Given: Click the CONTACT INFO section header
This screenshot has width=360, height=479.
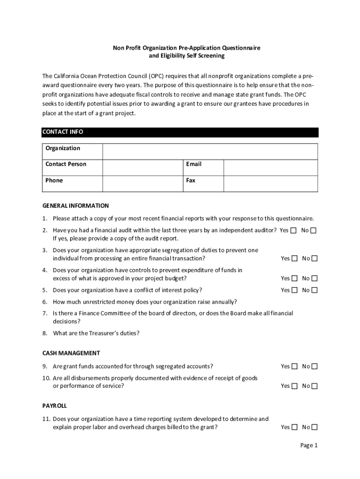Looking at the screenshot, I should (63, 132).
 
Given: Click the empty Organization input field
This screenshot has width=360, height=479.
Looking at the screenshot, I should (210, 152).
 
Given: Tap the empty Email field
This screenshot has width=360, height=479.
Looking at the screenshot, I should (270, 167).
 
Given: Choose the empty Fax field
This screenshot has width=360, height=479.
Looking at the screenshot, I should (270, 183).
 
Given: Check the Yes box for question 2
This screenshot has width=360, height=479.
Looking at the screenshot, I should (294, 230).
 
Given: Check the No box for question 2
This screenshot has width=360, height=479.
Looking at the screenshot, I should (314, 230).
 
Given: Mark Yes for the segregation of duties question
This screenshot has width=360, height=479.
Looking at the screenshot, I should (294, 258).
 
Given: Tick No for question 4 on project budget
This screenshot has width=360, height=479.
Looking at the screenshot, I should (314, 278).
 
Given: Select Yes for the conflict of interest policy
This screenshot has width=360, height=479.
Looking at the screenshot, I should (294, 290).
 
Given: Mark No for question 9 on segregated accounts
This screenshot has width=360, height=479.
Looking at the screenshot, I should (314, 366).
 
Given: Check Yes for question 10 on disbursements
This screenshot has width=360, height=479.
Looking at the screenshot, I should (294, 386).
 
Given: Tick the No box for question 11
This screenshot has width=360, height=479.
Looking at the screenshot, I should (314, 427).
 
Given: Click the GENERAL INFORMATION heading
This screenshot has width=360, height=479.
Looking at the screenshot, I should (75, 206).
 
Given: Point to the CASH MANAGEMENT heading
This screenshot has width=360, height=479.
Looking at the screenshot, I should (71, 353).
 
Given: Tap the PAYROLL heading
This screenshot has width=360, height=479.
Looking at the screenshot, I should (55, 406).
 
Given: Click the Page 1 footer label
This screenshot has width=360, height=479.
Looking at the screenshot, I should (309, 445).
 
